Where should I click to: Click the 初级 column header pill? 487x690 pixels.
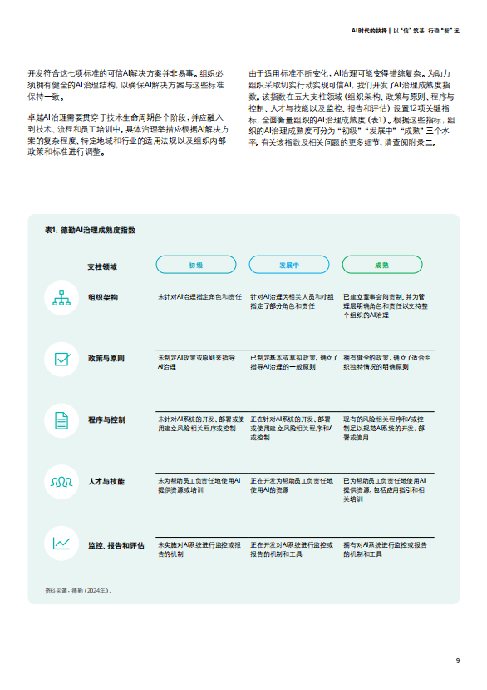click(195, 265)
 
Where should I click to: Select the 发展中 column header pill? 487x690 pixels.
click(289, 265)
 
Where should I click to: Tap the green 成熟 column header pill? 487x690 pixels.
click(382, 265)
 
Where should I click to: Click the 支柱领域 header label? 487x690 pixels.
click(102, 266)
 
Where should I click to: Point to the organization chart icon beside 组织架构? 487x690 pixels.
click(62, 297)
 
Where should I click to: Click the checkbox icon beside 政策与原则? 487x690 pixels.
click(62, 359)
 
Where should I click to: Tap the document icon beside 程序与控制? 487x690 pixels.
click(62, 420)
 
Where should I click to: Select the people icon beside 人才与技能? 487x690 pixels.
click(62, 482)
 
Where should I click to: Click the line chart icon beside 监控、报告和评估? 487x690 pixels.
click(62, 544)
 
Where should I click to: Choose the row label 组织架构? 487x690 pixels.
click(103, 296)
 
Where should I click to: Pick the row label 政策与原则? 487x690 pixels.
click(106, 358)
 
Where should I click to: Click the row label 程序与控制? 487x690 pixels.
click(106, 419)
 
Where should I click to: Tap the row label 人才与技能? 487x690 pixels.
click(106, 481)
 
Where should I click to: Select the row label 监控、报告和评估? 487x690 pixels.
click(116, 545)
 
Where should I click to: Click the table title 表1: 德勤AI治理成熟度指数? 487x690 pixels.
click(90, 230)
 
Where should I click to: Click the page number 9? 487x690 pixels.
click(457, 661)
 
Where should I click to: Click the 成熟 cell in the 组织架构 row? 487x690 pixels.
click(386, 305)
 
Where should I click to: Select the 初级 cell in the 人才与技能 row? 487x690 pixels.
click(199, 486)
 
